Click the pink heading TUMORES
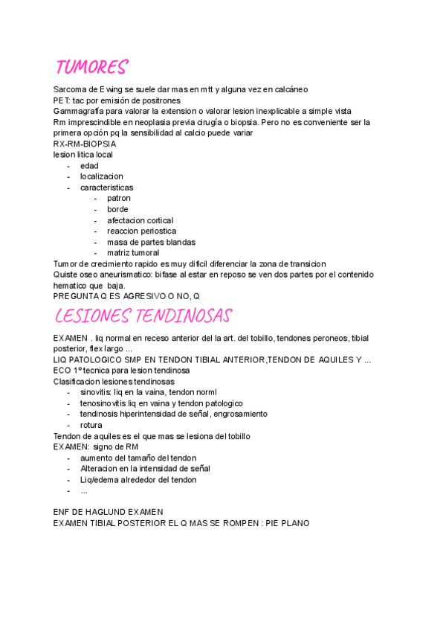coord(91,68)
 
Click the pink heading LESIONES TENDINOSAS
coord(143,315)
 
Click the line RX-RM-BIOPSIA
coord(85,144)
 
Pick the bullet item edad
coord(89,166)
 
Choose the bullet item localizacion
coord(102,176)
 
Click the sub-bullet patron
coord(119,199)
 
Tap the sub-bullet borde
coord(117,209)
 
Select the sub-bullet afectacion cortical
coord(140,220)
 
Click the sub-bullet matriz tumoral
coord(133,253)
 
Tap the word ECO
coord(62,371)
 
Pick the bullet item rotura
coord(91,425)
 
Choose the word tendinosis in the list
coord(100,414)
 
